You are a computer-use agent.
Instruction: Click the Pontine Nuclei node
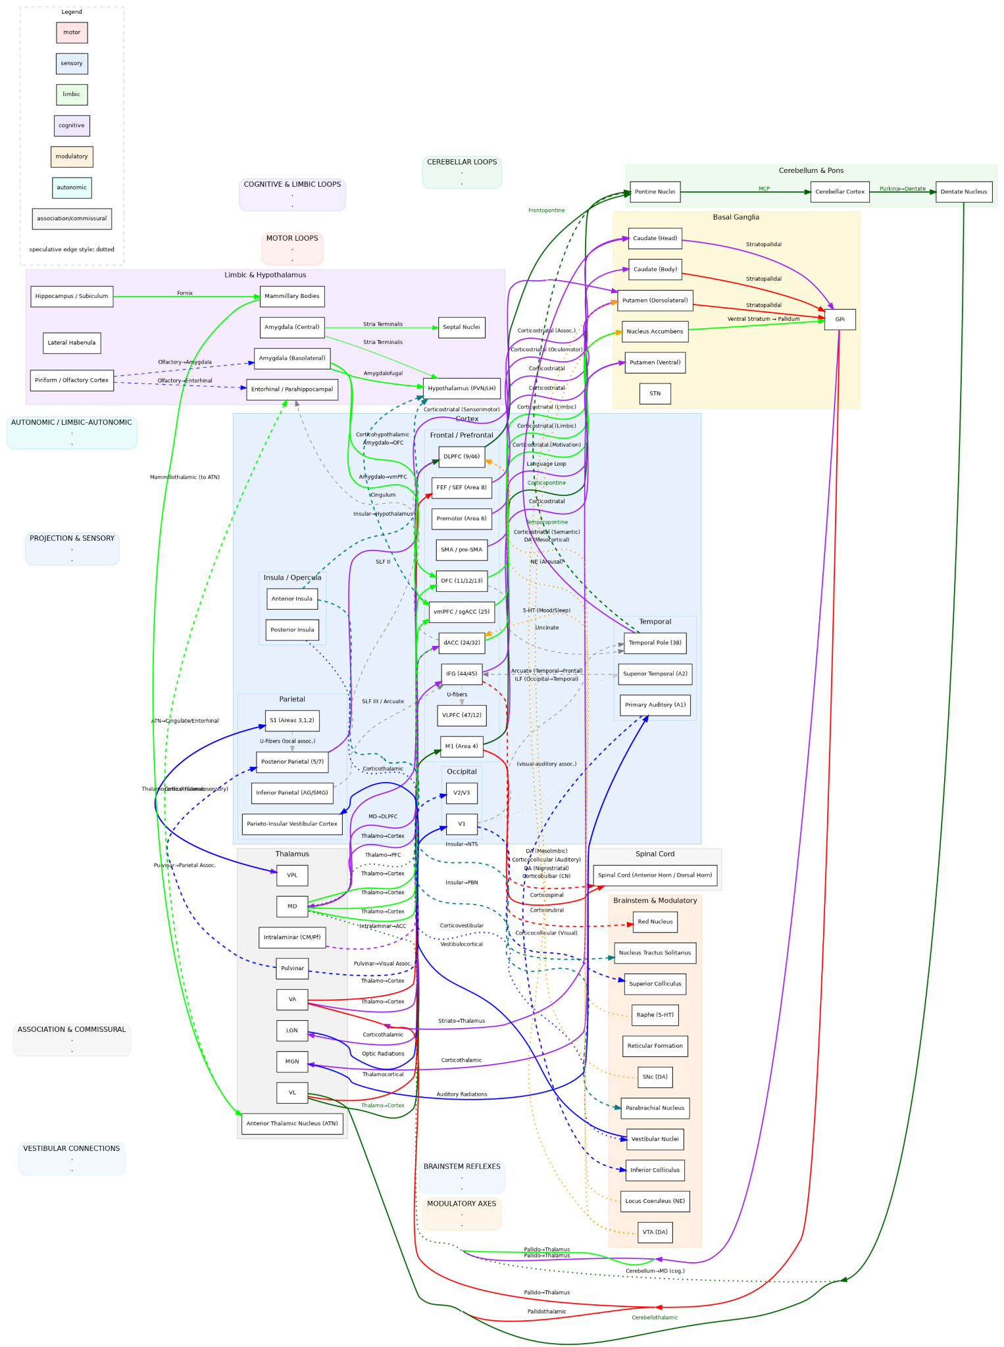[x=655, y=192]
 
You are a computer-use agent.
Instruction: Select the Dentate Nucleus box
[x=963, y=192]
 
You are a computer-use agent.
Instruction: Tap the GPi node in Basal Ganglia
[x=840, y=320]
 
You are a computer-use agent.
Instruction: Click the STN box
[x=655, y=394]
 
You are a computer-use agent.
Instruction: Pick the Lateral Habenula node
[x=72, y=343]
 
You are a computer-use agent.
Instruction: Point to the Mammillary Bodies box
[x=291, y=296]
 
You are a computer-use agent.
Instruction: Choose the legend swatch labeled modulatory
[x=72, y=157]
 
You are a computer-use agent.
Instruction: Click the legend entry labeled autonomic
[x=72, y=187]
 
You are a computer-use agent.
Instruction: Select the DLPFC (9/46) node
[x=461, y=456]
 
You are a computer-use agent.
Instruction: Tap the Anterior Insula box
[x=291, y=599]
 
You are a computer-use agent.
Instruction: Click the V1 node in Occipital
[x=461, y=823]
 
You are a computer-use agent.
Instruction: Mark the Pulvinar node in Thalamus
[x=292, y=968]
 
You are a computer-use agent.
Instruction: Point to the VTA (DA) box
[x=655, y=1233]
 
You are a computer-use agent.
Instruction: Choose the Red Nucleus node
[x=655, y=921]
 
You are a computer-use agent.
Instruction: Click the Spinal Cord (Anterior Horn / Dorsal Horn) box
[x=655, y=875]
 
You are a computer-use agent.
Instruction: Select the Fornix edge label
[x=185, y=293]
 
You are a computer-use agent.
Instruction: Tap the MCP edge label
[x=763, y=189]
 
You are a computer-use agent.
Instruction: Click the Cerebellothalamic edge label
[x=654, y=1317]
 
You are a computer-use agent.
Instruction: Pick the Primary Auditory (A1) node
[x=655, y=704]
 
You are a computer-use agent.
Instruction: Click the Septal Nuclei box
[x=461, y=327]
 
